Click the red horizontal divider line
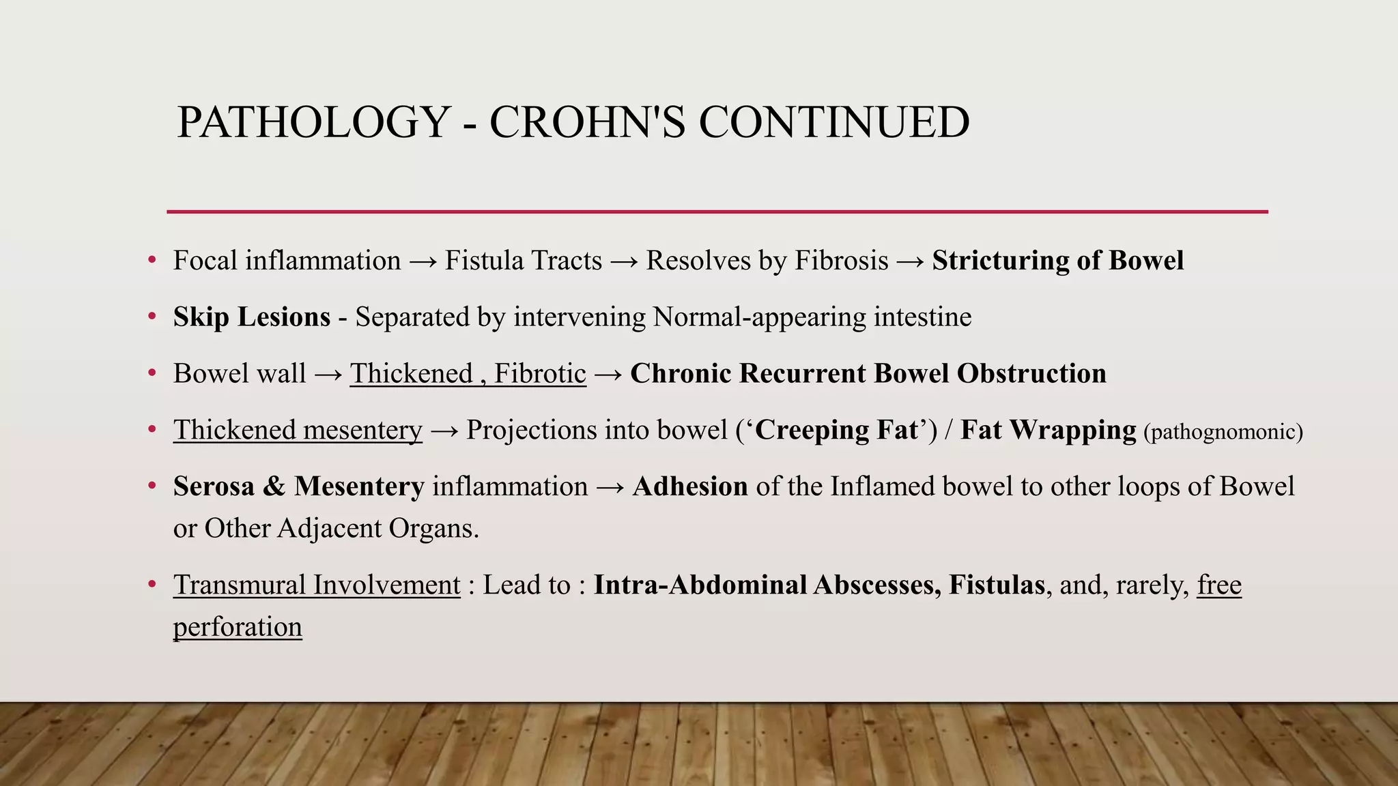pyautogui.click(x=717, y=212)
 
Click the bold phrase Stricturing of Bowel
pyautogui.click(x=1057, y=261)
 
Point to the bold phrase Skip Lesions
pyautogui.click(x=251, y=317)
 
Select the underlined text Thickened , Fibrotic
pyautogui.click(x=468, y=374)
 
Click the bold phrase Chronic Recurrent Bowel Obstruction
pyautogui.click(x=868, y=374)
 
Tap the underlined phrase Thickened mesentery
pyautogui.click(x=298, y=431)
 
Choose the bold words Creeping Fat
pyautogui.click(x=836, y=431)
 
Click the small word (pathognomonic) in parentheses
pyautogui.click(x=1223, y=432)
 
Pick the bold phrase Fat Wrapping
pyautogui.click(x=1048, y=431)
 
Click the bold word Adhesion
pyautogui.click(x=690, y=486)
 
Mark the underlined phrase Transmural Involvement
pyautogui.click(x=317, y=585)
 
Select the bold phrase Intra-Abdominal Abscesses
pyautogui.click(x=767, y=585)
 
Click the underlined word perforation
pyautogui.click(x=237, y=627)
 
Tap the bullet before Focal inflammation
pyautogui.click(x=152, y=261)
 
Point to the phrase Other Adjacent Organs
pyautogui.click(x=341, y=528)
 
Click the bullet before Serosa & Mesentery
pyautogui.click(x=152, y=486)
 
